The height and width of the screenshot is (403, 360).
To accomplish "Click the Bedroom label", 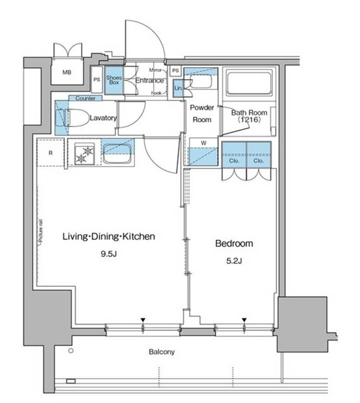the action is (x=234, y=243).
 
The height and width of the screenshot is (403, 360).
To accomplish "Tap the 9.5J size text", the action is (x=109, y=254).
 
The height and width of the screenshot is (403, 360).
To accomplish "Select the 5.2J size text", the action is (x=234, y=261).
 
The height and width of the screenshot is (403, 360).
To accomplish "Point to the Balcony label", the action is (x=162, y=351).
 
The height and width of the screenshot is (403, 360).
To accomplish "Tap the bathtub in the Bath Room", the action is (x=248, y=82).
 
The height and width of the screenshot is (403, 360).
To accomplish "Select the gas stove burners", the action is (x=84, y=154).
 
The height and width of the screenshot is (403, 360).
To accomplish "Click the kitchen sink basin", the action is (x=117, y=153).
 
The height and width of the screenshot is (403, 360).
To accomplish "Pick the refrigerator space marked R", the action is (x=51, y=153).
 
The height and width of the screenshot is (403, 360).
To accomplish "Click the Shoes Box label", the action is (x=114, y=80).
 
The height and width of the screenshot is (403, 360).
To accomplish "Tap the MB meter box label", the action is (x=67, y=72).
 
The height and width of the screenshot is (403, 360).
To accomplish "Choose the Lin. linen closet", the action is (x=178, y=88).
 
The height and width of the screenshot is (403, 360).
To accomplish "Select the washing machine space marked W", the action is (x=203, y=152).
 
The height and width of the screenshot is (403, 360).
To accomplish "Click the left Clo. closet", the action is (x=234, y=155).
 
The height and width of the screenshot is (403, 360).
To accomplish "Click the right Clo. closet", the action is (x=259, y=155).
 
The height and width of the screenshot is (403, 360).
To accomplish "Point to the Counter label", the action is (x=85, y=98).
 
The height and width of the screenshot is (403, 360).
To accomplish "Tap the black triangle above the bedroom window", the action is (x=244, y=320).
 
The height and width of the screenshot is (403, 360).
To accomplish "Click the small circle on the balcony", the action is (x=71, y=351).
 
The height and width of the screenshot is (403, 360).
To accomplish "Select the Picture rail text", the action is (x=40, y=231).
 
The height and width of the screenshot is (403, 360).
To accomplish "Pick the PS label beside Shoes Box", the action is (x=97, y=80).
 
